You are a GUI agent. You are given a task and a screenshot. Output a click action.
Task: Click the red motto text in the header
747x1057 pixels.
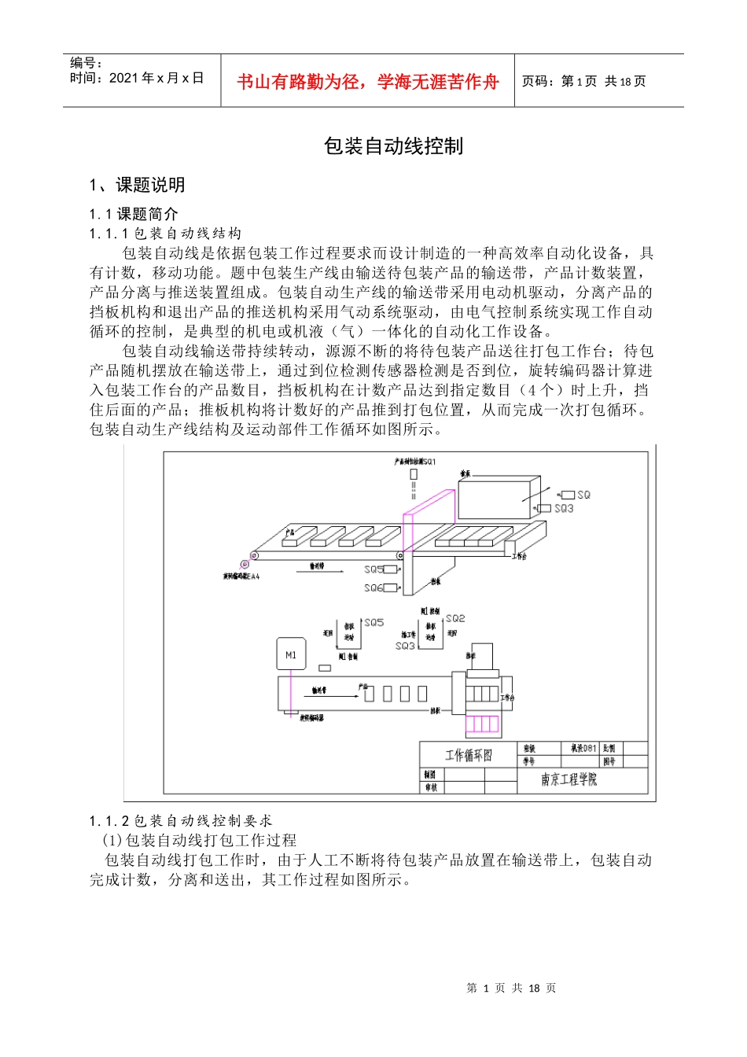(x=367, y=82)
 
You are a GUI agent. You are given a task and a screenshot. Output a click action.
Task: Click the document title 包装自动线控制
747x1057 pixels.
(x=393, y=146)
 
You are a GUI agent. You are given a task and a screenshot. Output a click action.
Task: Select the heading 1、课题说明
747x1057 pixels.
(x=138, y=186)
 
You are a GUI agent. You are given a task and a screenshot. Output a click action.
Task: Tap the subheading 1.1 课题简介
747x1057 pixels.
(x=134, y=214)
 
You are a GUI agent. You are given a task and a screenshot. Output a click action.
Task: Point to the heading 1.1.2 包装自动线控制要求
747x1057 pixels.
(x=182, y=821)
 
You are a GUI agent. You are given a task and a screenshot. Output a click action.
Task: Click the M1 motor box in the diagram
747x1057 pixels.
(x=291, y=654)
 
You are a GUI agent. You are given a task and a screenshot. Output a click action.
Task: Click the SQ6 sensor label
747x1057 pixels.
(x=373, y=587)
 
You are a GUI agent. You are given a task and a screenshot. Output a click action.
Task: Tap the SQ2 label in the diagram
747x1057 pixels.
(x=455, y=619)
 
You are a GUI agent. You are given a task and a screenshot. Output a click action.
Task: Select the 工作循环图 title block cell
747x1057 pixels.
(x=469, y=755)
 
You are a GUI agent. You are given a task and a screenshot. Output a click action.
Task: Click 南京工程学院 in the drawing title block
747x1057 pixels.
(x=569, y=779)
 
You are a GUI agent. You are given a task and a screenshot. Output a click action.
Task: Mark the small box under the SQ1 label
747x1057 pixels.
(x=414, y=474)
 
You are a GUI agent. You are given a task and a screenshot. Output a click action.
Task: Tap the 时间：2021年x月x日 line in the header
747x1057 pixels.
(x=137, y=78)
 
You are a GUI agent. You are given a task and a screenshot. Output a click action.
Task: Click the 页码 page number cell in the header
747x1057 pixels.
(x=584, y=81)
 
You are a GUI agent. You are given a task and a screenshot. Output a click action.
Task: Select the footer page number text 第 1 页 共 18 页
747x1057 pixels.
(x=511, y=989)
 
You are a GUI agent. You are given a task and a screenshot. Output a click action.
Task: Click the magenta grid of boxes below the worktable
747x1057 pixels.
(x=482, y=724)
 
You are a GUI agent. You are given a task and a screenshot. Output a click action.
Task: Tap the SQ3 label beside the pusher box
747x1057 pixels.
(x=564, y=509)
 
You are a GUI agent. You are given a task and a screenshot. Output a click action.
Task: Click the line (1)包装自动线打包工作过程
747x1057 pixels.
(x=200, y=841)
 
